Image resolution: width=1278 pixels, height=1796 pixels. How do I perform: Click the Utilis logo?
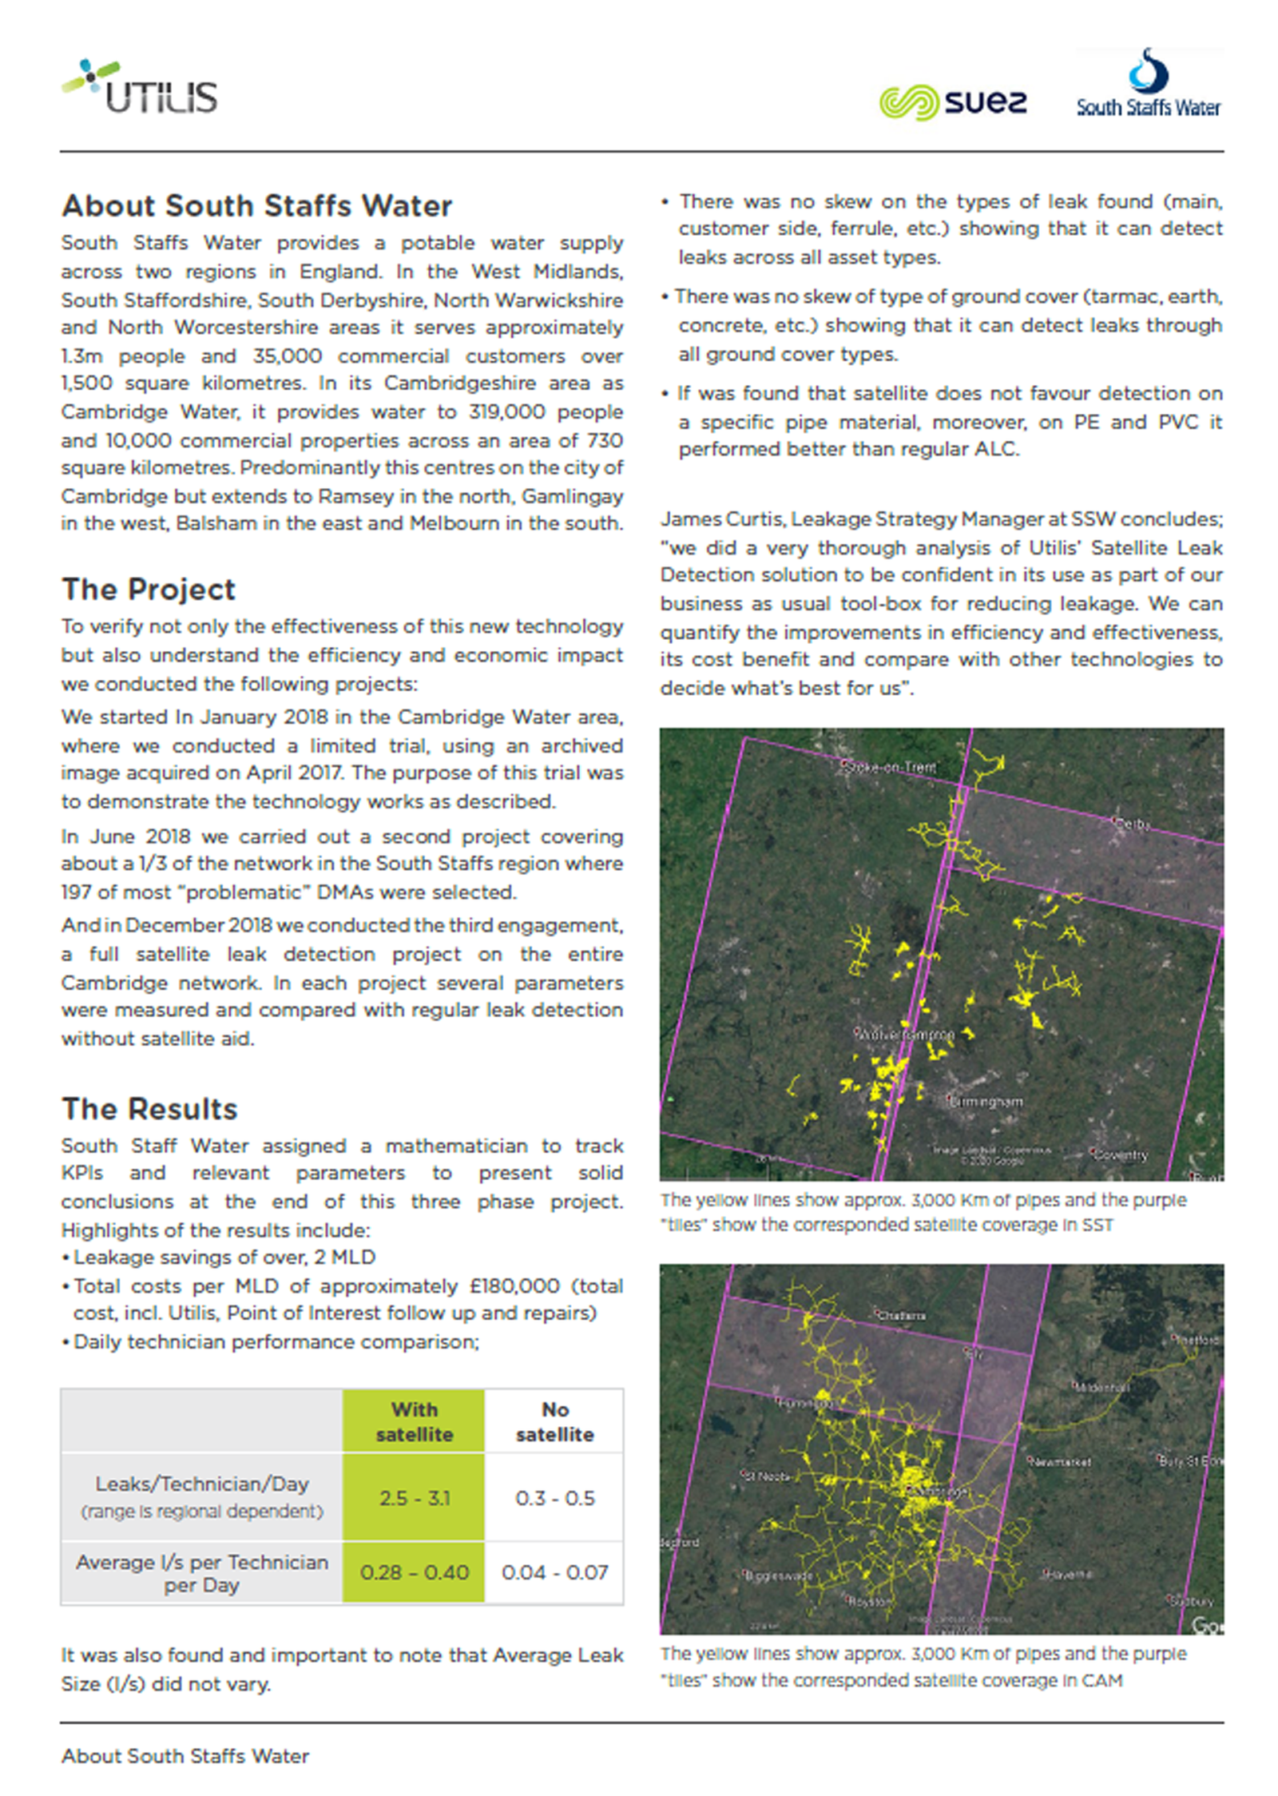(141, 87)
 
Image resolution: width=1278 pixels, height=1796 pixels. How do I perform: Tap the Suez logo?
(952, 102)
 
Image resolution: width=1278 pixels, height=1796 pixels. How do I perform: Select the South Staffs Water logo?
(1148, 85)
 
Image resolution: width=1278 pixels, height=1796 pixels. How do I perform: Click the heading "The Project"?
(149, 590)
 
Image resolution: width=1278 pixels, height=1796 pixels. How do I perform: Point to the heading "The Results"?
(149, 1109)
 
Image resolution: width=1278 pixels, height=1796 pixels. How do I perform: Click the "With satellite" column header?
(414, 1421)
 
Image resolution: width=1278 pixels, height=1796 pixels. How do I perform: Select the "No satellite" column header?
(554, 1421)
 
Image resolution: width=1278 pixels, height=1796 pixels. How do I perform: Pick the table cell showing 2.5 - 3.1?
(414, 1497)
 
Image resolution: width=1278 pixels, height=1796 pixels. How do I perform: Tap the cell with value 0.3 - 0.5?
(554, 1497)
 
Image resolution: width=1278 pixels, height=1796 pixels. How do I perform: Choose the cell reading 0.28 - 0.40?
(414, 1572)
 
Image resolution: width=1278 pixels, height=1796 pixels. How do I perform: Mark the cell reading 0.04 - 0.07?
(554, 1572)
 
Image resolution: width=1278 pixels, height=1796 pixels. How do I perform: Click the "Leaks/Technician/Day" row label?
(201, 1484)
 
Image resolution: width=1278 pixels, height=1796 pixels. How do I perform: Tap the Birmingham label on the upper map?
(987, 1102)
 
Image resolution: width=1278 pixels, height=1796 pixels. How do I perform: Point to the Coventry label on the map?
(1121, 1154)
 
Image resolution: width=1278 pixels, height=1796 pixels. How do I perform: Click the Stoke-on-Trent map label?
(892, 767)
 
